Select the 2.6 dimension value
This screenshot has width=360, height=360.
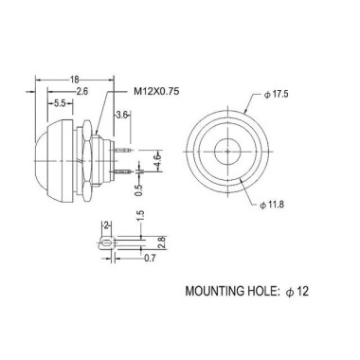(83, 92)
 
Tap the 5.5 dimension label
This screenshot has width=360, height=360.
(59, 102)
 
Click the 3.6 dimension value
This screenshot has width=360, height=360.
(122, 115)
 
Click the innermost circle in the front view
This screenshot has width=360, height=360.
(228, 149)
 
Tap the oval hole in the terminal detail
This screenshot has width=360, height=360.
(107, 243)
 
